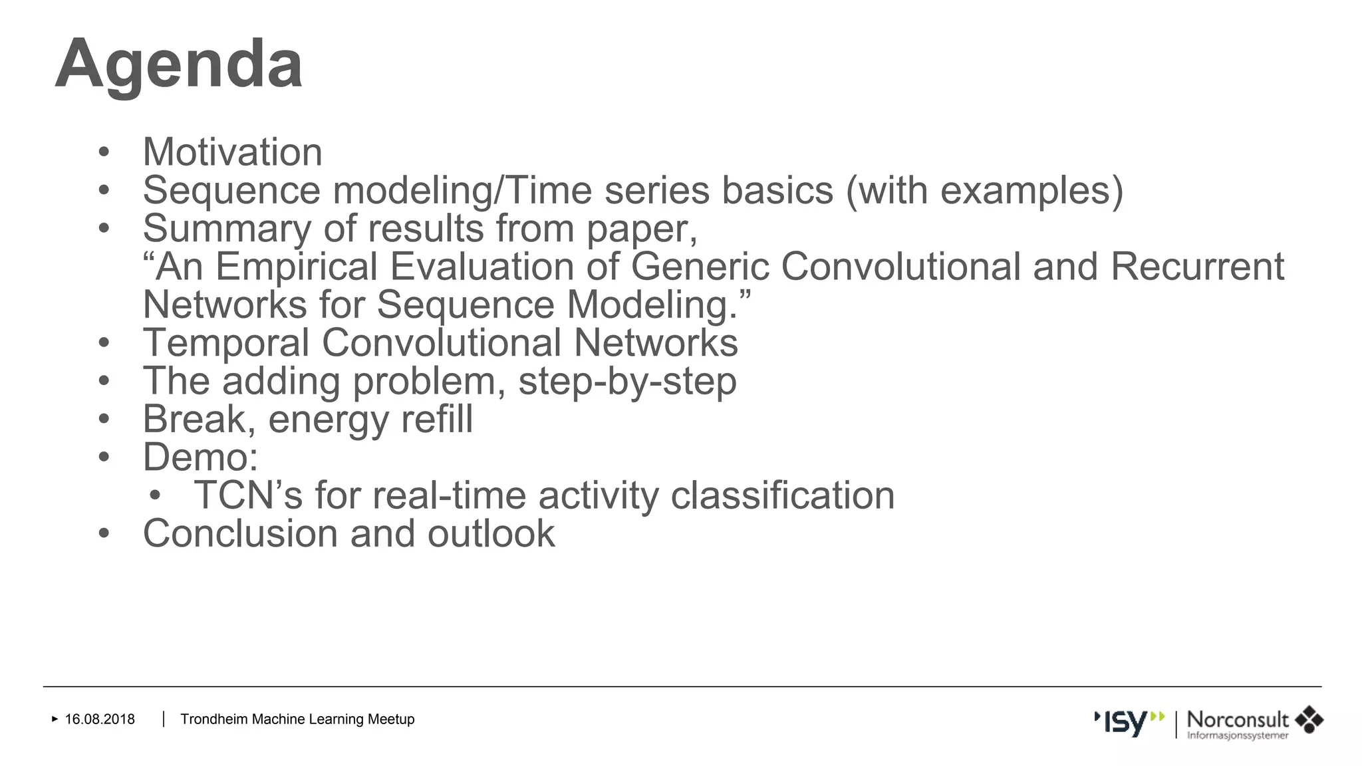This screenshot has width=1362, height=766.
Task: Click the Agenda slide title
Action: click(x=178, y=64)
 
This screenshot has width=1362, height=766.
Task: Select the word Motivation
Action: click(x=232, y=152)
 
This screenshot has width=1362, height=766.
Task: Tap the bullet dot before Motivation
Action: click(x=103, y=152)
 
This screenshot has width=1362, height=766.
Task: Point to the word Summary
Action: click(x=227, y=229)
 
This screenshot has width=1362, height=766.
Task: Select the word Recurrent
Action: click(x=1196, y=267)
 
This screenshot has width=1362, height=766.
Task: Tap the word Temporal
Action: click(x=226, y=343)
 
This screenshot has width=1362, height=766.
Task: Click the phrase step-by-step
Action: click(x=627, y=382)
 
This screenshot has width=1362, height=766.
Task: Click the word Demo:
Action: click(x=200, y=457)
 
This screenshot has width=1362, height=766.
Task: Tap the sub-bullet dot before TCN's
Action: click(x=155, y=496)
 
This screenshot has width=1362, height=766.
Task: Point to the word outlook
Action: click(x=491, y=534)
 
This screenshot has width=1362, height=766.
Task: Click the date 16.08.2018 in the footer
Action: click(x=100, y=719)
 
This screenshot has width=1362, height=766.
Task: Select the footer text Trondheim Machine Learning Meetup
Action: click(x=297, y=719)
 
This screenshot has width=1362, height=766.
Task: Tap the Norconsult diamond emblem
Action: click(x=1309, y=720)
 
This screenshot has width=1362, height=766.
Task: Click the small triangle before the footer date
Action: click(x=55, y=719)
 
